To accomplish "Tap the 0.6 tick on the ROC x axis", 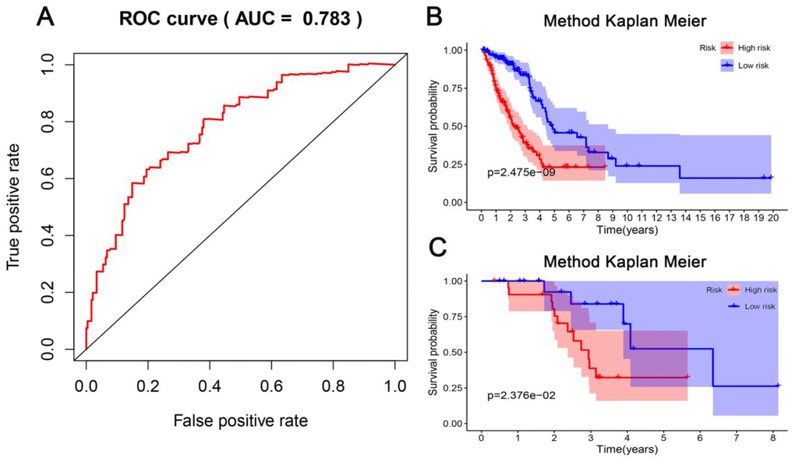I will [271, 386].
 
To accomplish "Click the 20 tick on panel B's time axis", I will [772, 219].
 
